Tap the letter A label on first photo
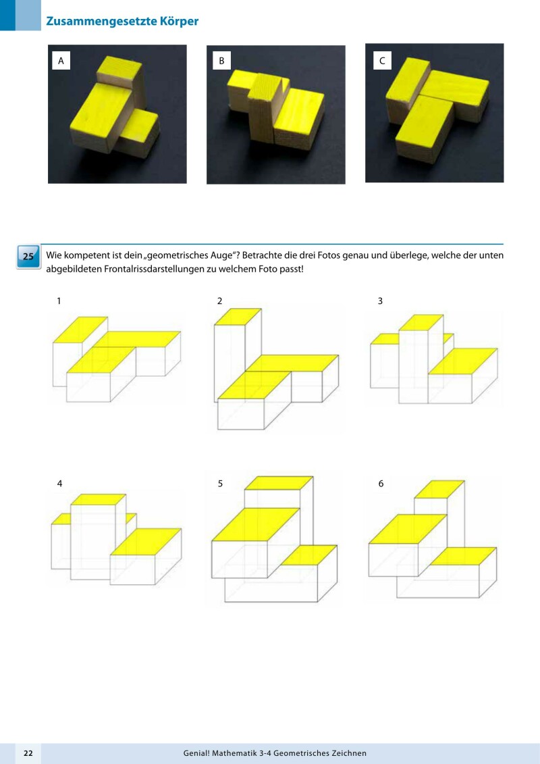61,61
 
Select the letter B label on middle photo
221,61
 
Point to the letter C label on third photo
381,61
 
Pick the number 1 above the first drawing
59,301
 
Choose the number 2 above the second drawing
220,301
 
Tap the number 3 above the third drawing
380,301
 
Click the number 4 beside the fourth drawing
60,484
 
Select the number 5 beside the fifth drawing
220,484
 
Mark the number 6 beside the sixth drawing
381,484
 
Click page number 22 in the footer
28,753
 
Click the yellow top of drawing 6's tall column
439,489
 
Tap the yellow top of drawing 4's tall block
99,500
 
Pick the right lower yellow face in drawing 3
463,360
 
